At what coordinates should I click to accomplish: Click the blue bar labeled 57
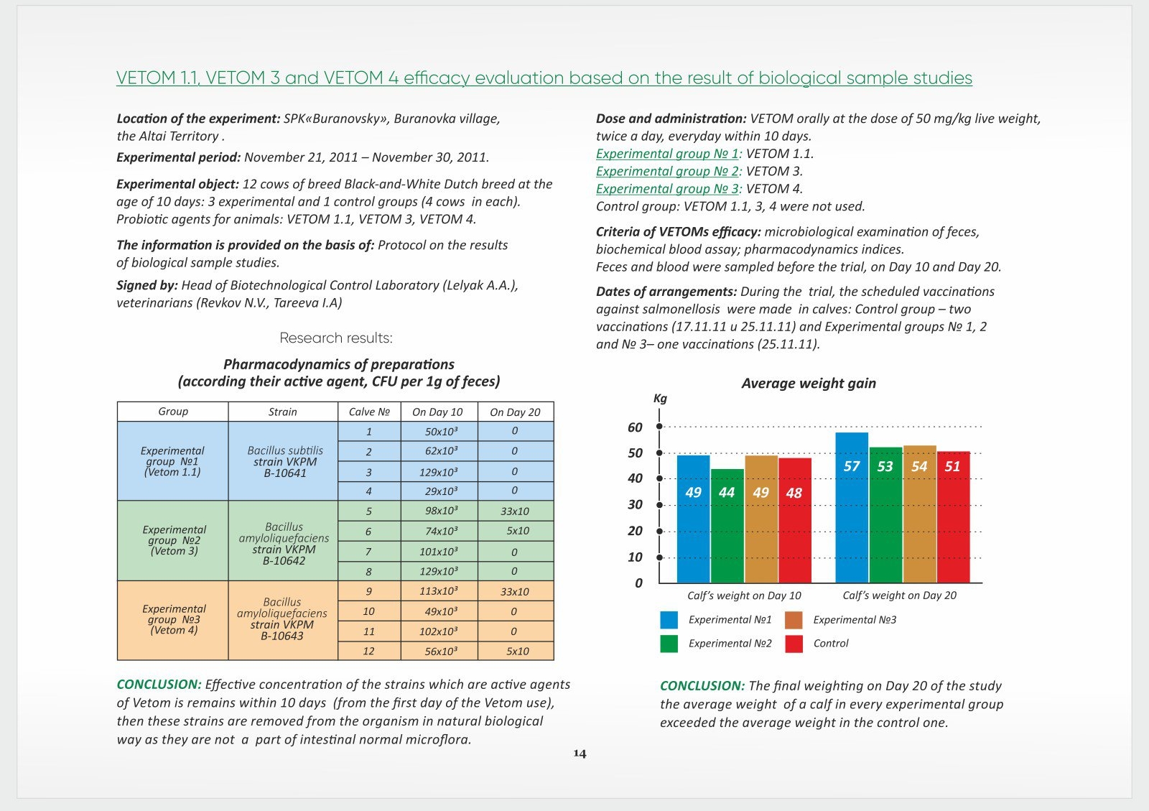852,507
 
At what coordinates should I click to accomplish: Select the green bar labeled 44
727,526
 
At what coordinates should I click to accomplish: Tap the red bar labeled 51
953,517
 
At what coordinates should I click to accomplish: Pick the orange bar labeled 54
920,514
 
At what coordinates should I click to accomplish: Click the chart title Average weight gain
809,383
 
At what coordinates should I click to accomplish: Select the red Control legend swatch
794,644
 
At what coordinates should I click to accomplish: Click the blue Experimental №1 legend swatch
669,620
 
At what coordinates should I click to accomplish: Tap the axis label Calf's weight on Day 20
899,595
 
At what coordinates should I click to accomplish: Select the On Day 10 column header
437,412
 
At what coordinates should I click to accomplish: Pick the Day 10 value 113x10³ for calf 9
439,591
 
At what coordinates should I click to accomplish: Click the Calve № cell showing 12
368,651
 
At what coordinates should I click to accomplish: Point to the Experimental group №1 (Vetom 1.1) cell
172,461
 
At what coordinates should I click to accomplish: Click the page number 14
580,753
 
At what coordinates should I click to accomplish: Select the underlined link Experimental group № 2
667,171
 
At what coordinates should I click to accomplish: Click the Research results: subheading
336,338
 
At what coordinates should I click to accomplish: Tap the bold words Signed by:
147,285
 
